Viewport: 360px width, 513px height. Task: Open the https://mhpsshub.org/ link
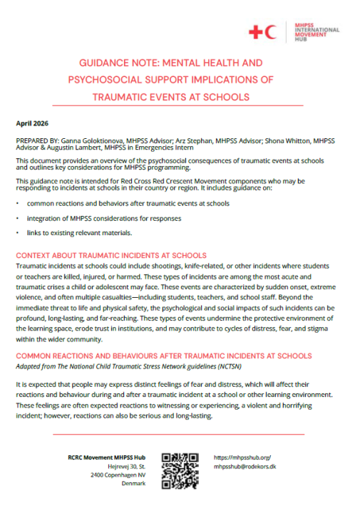coord(242,457)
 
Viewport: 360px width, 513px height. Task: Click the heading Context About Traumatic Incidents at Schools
coord(111,255)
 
